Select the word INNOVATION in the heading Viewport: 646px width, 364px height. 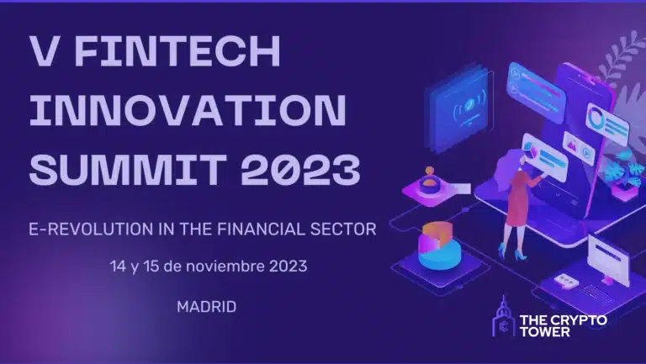coord(188,112)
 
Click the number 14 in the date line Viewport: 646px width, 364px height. coord(119,266)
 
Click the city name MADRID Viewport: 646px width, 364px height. coord(206,306)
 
